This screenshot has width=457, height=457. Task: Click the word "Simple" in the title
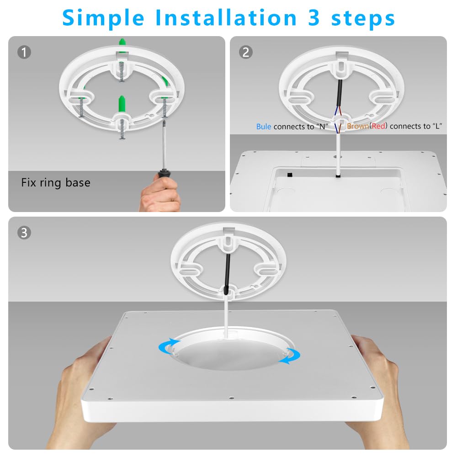(x=103, y=18)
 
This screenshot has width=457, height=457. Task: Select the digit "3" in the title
(x=316, y=18)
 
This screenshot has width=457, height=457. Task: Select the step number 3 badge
(x=24, y=233)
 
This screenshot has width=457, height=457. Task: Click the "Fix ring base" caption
(x=56, y=183)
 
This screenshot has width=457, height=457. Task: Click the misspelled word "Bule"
(x=264, y=127)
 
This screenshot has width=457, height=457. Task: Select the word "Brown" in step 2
(x=358, y=126)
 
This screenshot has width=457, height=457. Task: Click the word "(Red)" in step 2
(x=378, y=126)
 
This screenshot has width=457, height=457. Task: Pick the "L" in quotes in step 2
(x=437, y=126)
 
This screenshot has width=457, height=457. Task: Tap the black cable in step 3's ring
(x=227, y=270)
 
